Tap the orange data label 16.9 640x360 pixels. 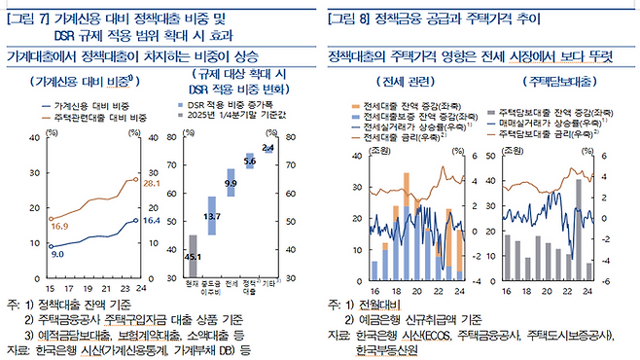(60, 225)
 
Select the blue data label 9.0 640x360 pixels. (57, 253)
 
